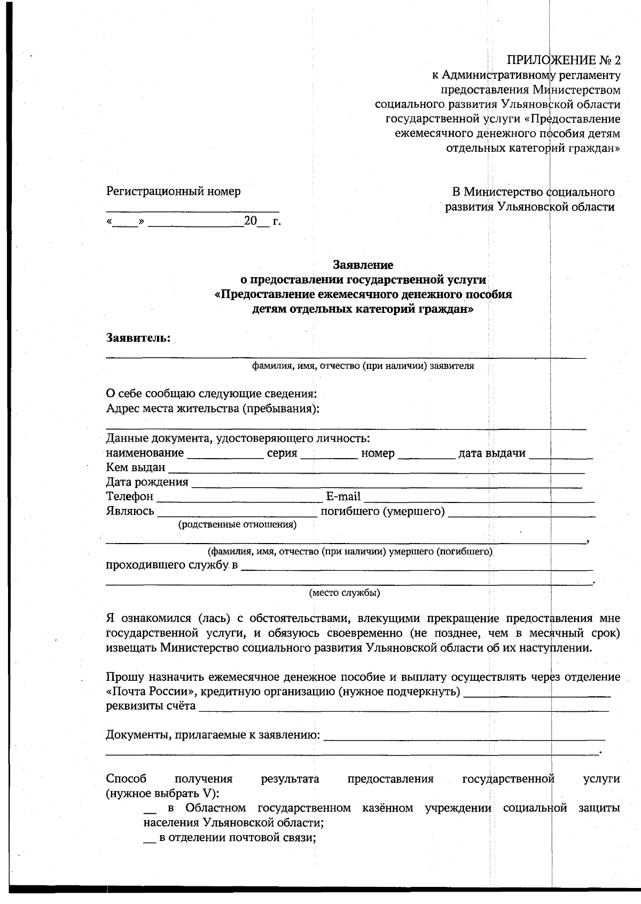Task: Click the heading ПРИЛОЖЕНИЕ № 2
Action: pyautogui.click(x=564, y=60)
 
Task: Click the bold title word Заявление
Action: pyautogui.click(x=363, y=265)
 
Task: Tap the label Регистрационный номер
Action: pyautogui.click(x=174, y=191)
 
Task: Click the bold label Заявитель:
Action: pyautogui.click(x=138, y=338)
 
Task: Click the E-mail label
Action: pyautogui.click(x=343, y=497)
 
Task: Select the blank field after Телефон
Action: pyautogui.click(x=239, y=498)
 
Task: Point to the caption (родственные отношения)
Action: pyautogui.click(x=237, y=524)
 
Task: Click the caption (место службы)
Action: pyautogui.click(x=345, y=593)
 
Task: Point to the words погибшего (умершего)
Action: pyautogui.click(x=382, y=512)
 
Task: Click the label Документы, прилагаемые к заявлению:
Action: pyautogui.click(x=213, y=735)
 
